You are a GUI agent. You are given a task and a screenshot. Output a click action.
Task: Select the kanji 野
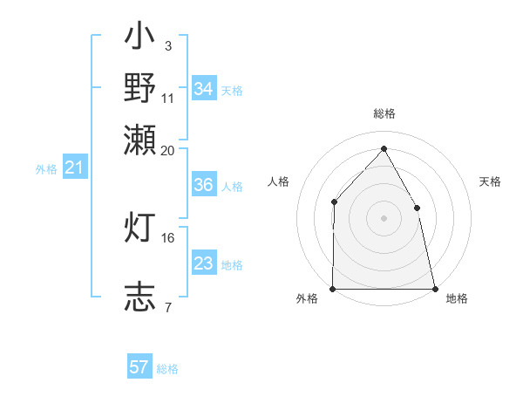click(140, 88)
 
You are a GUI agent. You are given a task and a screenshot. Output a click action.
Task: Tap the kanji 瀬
click(140, 139)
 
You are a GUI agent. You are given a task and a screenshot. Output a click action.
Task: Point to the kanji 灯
click(140, 229)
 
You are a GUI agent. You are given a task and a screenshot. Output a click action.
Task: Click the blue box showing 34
click(203, 89)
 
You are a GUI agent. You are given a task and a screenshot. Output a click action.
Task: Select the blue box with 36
click(203, 185)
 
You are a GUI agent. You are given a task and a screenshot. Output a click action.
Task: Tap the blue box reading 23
click(203, 263)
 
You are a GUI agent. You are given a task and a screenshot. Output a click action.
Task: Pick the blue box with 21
click(74, 167)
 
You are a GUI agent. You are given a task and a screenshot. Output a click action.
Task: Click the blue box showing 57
click(139, 367)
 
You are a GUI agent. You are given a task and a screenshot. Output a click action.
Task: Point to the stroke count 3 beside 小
click(167, 44)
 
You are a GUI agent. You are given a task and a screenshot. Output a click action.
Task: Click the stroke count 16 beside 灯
click(168, 236)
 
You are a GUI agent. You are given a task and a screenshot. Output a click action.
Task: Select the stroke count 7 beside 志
click(167, 306)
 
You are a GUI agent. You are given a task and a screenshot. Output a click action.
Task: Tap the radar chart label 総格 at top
click(384, 113)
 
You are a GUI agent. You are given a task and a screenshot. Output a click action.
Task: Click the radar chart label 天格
click(490, 181)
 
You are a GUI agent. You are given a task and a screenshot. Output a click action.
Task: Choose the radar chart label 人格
click(279, 181)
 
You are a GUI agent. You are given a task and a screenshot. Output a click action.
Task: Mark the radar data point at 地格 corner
click(435, 288)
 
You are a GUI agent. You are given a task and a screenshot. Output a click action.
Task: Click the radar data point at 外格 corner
click(333, 288)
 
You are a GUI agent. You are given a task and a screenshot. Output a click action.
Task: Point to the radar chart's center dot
click(384, 218)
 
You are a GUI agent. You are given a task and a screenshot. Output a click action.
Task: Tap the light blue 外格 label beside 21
click(45, 168)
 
